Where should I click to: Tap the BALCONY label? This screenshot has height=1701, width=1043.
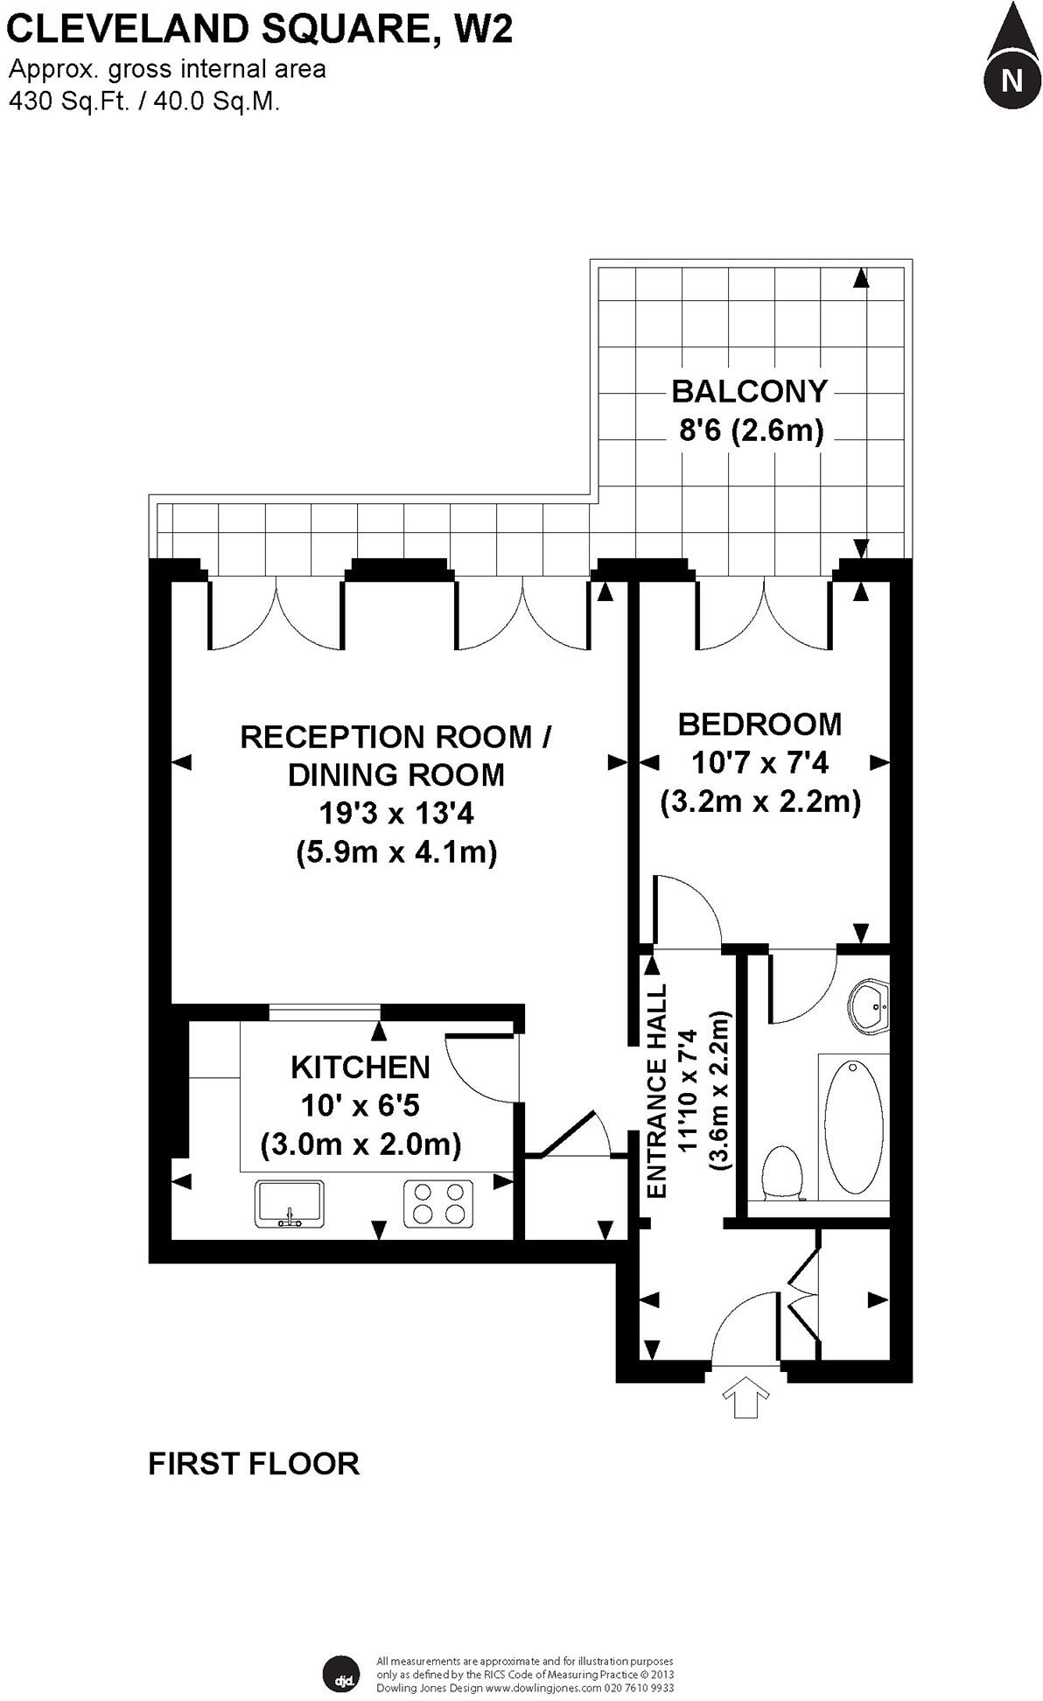click(x=749, y=391)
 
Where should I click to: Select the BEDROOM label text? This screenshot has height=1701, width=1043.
click(x=759, y=724)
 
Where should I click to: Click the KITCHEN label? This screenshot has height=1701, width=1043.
click(x=360, y=1067)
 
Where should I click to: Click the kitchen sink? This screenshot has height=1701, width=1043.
click(x=290, y=1203)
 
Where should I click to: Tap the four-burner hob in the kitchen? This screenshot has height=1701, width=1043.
click(x=438, y=1203)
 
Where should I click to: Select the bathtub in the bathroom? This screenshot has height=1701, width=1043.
click(x=853, y=1127)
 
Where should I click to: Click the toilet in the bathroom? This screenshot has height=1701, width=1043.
click(x=783, y=1172)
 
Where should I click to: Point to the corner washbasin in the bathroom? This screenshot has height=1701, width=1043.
click(x=871, y=1008)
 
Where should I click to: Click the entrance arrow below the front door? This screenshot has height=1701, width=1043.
click(x=745, y=1397)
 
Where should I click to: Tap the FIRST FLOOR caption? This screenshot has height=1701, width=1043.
click(x=254, y=1464)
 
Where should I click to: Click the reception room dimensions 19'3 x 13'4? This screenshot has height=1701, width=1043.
click(x=395, y=814)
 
